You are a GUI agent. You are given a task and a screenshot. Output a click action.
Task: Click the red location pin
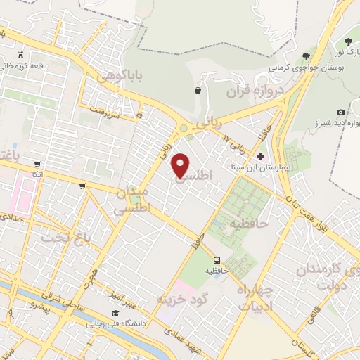pyautogui.click(x=181, y=165)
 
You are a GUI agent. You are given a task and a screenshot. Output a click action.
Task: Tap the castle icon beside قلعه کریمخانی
pyautogui.click(x=20, y=54)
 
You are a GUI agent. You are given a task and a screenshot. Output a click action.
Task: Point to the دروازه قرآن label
pyautogui.click(x=254, y=90)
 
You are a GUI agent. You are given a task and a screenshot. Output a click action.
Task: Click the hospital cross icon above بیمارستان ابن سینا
pyautogui.click(x=261, y=155)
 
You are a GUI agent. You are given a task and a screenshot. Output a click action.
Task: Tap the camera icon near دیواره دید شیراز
pyautogui.click(x=341, y=112)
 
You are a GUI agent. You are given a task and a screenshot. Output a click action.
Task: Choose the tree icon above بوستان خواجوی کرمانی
pyautogui.click(x=306, y=56)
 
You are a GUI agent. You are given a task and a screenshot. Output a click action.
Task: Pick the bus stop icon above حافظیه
pyautogui.click(x=217, y=259)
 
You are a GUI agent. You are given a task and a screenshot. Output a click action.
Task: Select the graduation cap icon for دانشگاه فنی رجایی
pyautogui.click(x=114, y=314)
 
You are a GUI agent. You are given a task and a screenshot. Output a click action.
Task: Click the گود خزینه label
pyautogui.click(x=184, y=299)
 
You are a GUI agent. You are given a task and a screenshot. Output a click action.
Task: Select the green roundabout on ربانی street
pyautogui.click(x=184, y=129)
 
